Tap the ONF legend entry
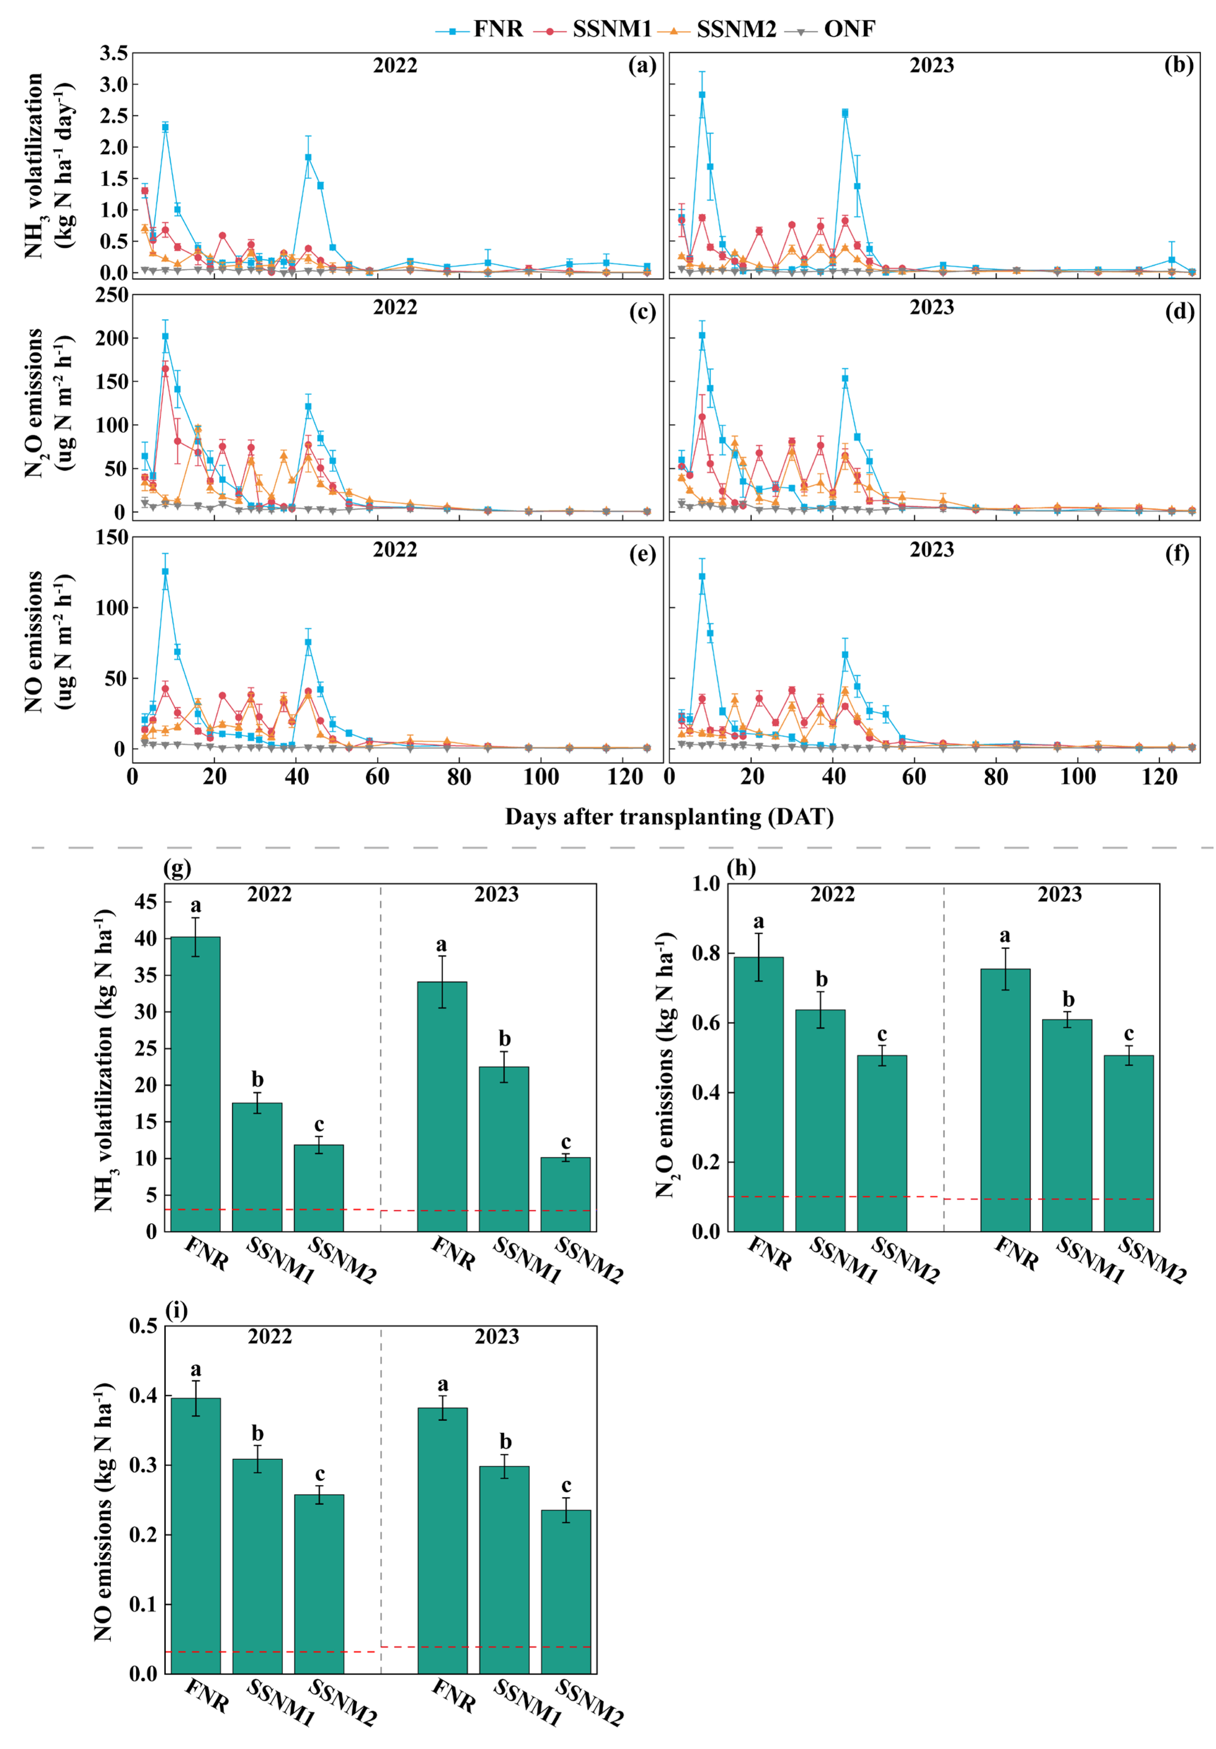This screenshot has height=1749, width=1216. (x=849, y=29)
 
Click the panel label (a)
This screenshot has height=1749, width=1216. (x=642, y=66)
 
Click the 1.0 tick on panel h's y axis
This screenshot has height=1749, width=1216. (x=706, y=883)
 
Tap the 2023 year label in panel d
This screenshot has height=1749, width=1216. (x=931, y=308)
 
